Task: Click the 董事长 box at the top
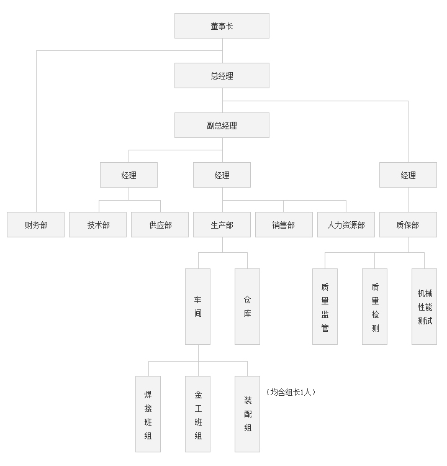coord(222,26)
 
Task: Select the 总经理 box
coord(222,76)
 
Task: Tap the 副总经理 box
coord(222,126)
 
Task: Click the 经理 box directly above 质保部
coord(408,175)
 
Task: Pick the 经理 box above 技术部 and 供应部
coord(129,175)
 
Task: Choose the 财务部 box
coord(36,225)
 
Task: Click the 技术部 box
coord(98,225)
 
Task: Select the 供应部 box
coord(160,225)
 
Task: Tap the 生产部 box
coord(222,225)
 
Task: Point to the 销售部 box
coord(284,225)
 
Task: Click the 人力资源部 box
coord(346,225)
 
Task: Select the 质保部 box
coord(408,225)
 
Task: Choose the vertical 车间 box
coord(198,306)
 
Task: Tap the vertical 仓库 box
coord(248,306)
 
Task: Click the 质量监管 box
coord(325,306)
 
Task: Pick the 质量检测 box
coord(374,306)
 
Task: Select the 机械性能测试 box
coord(424,306)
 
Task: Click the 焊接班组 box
coord(148,414)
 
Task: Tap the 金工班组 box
coord(198,414)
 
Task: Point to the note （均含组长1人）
coord(291,392)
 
